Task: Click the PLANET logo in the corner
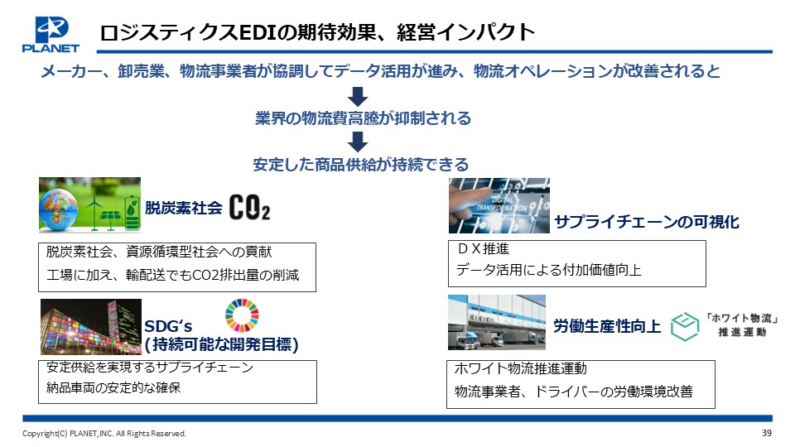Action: (51, 35)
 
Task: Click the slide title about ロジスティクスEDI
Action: (317, 32)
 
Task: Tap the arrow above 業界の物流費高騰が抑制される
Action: (358, 96)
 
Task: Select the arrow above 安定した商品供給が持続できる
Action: (358, 142)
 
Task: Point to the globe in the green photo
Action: (59, 209)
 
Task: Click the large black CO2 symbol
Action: (249, 207)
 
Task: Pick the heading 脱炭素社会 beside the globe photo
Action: (184, 207)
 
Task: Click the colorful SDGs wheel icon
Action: (242, 315)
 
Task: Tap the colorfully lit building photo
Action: (91, 327)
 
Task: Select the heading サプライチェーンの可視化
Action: (647, 222)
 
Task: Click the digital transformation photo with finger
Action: (499, 205)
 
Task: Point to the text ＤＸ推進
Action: (483, 249)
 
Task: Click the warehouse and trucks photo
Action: (497, 322)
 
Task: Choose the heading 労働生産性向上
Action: (607, 326)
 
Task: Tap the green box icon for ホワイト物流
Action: (685, 326)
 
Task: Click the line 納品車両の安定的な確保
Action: (113, 387)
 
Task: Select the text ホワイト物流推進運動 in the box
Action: (521, 368)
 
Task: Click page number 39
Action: (767, 433)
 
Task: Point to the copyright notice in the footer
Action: (104, 433)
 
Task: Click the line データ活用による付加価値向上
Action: (548, 270)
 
